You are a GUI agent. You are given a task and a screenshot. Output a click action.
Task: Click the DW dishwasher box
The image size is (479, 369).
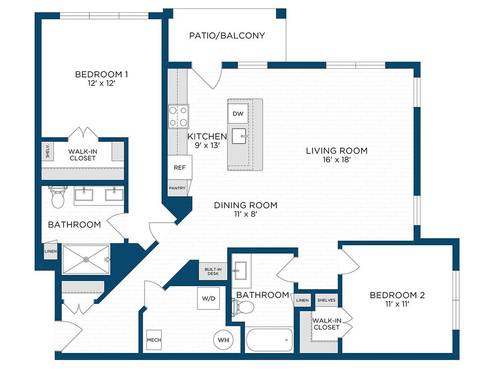click(238, 114)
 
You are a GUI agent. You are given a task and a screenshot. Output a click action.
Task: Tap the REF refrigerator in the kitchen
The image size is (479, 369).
click(180, 167)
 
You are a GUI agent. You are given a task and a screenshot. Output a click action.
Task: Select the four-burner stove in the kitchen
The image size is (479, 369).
click(178, 116)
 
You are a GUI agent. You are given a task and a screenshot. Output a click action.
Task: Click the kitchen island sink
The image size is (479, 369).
click(239, 136)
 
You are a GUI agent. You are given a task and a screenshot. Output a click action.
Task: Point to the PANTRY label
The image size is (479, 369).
click(177, 188)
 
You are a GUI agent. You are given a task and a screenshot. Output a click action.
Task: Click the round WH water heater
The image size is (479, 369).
click(223, 340)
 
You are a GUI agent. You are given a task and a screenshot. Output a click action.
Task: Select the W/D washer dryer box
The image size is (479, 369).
click(209, 298)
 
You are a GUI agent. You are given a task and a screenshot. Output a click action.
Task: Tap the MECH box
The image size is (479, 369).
click(154, 340)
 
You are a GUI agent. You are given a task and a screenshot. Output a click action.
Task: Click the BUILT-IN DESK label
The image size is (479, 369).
click(213, 272)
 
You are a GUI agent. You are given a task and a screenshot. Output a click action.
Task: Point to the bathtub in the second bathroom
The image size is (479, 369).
click(269, 340)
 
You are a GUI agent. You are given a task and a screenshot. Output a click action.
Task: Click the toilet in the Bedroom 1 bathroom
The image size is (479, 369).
click(58, 197)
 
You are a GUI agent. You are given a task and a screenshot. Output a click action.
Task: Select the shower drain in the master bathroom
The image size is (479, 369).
click(86, 260)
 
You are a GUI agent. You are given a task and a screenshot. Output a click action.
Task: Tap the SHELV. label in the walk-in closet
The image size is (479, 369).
click(48, 151)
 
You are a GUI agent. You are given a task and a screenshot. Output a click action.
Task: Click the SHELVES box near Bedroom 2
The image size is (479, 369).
click(326, 300)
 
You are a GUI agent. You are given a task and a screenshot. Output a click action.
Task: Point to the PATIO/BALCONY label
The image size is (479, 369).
click(227, 36)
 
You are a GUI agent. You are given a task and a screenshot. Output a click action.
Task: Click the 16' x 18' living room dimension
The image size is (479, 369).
click(337, 160)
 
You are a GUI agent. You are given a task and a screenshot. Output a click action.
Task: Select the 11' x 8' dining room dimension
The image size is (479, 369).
click(246, 214)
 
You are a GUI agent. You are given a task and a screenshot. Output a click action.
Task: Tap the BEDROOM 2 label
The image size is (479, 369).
click(397, 295)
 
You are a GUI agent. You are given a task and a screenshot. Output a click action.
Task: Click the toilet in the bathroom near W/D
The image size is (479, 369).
click(243, 307)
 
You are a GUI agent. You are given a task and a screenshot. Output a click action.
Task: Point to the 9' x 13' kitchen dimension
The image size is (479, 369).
click(207, 145)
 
